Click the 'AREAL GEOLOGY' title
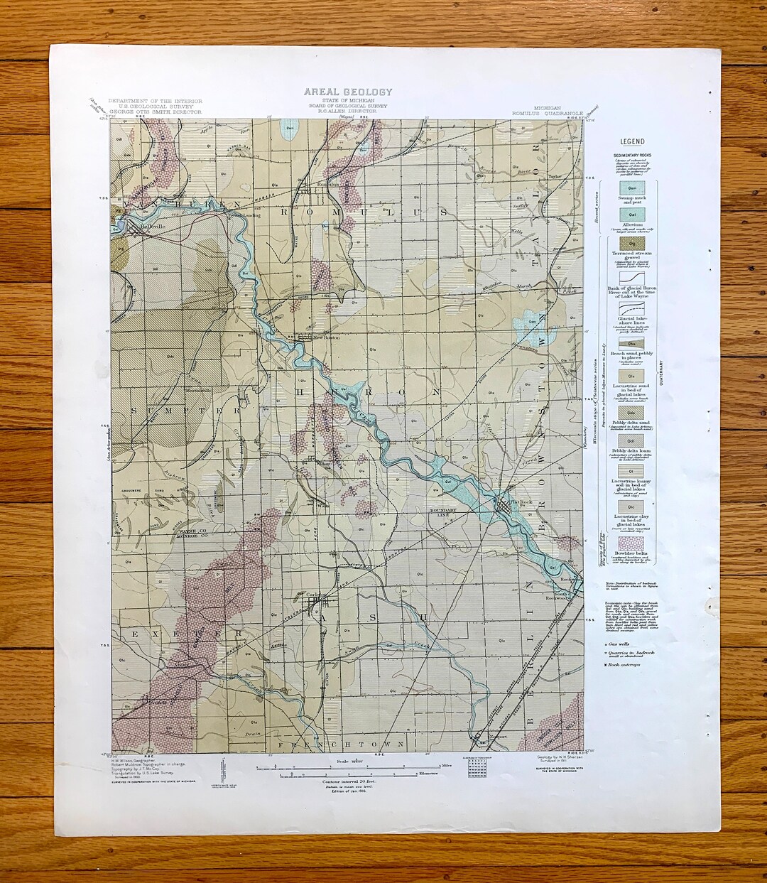coord(347,92)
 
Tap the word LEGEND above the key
coord(632,142)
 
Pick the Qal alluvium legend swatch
coord(631,213)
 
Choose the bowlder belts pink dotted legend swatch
coord(631,544)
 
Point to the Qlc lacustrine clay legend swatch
coord(631,506)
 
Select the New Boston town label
coord(327,337)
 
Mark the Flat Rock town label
coord(521,502)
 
